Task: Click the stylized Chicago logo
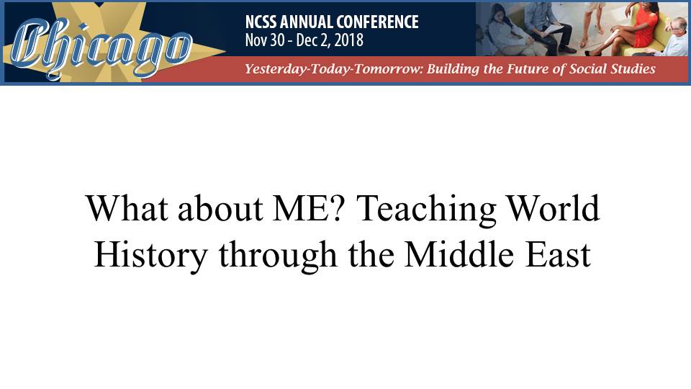click(x=101, y=48)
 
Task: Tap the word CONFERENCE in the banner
click(x=377, y=22)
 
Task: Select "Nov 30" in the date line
click(x=265, y=40)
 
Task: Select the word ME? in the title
click(x=307, y=208)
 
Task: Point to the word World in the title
click(x=553, y=207)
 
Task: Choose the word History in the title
click(x=150, y=256)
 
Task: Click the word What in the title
click(x=127, y=207)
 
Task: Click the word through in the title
click(x=278, y=256)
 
